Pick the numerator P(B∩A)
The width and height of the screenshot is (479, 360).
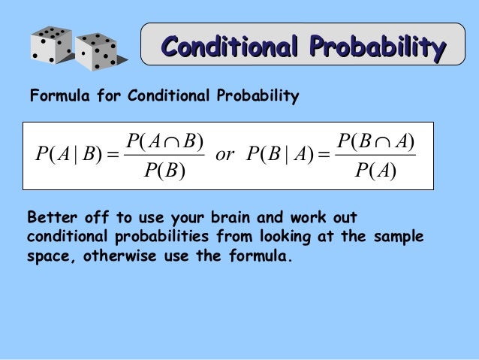click(375, 141)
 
